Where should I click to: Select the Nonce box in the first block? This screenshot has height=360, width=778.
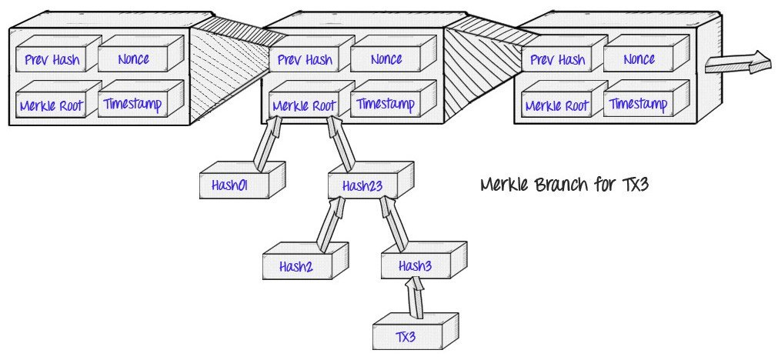133,59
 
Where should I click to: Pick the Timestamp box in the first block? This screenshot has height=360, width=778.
133,102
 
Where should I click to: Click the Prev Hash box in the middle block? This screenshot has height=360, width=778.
304,59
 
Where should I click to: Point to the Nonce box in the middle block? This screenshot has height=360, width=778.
386,58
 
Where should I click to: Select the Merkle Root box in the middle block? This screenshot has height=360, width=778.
304,105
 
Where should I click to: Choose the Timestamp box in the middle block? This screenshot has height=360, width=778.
386,103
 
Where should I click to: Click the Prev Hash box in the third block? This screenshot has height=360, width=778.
556,60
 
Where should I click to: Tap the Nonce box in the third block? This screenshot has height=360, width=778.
639,59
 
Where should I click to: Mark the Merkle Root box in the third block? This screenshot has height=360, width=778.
556,105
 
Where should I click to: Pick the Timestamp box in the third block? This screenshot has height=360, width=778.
639,104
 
